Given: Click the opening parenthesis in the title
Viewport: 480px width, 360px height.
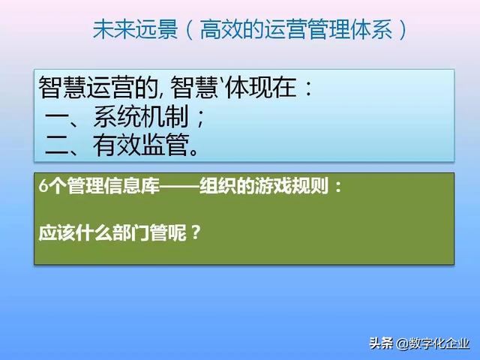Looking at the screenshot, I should pyautogui.click(x=190, y=29).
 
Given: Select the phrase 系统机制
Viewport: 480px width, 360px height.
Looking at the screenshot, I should pyautogui.click(x=142, y=117).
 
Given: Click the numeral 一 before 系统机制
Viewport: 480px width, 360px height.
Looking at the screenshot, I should pyautogui.click(x=58, y=118).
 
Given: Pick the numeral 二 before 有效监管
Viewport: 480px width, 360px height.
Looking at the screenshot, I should pyautogui.click(x=58, y=145).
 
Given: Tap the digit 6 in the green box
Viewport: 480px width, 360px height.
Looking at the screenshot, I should pyautogui.click(x=43, y=187).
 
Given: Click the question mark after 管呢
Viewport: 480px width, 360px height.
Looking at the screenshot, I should pyautogui.click(x=196, y=232).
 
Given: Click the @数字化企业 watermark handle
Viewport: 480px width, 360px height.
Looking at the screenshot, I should pyautogui.click(x=433, y=343).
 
